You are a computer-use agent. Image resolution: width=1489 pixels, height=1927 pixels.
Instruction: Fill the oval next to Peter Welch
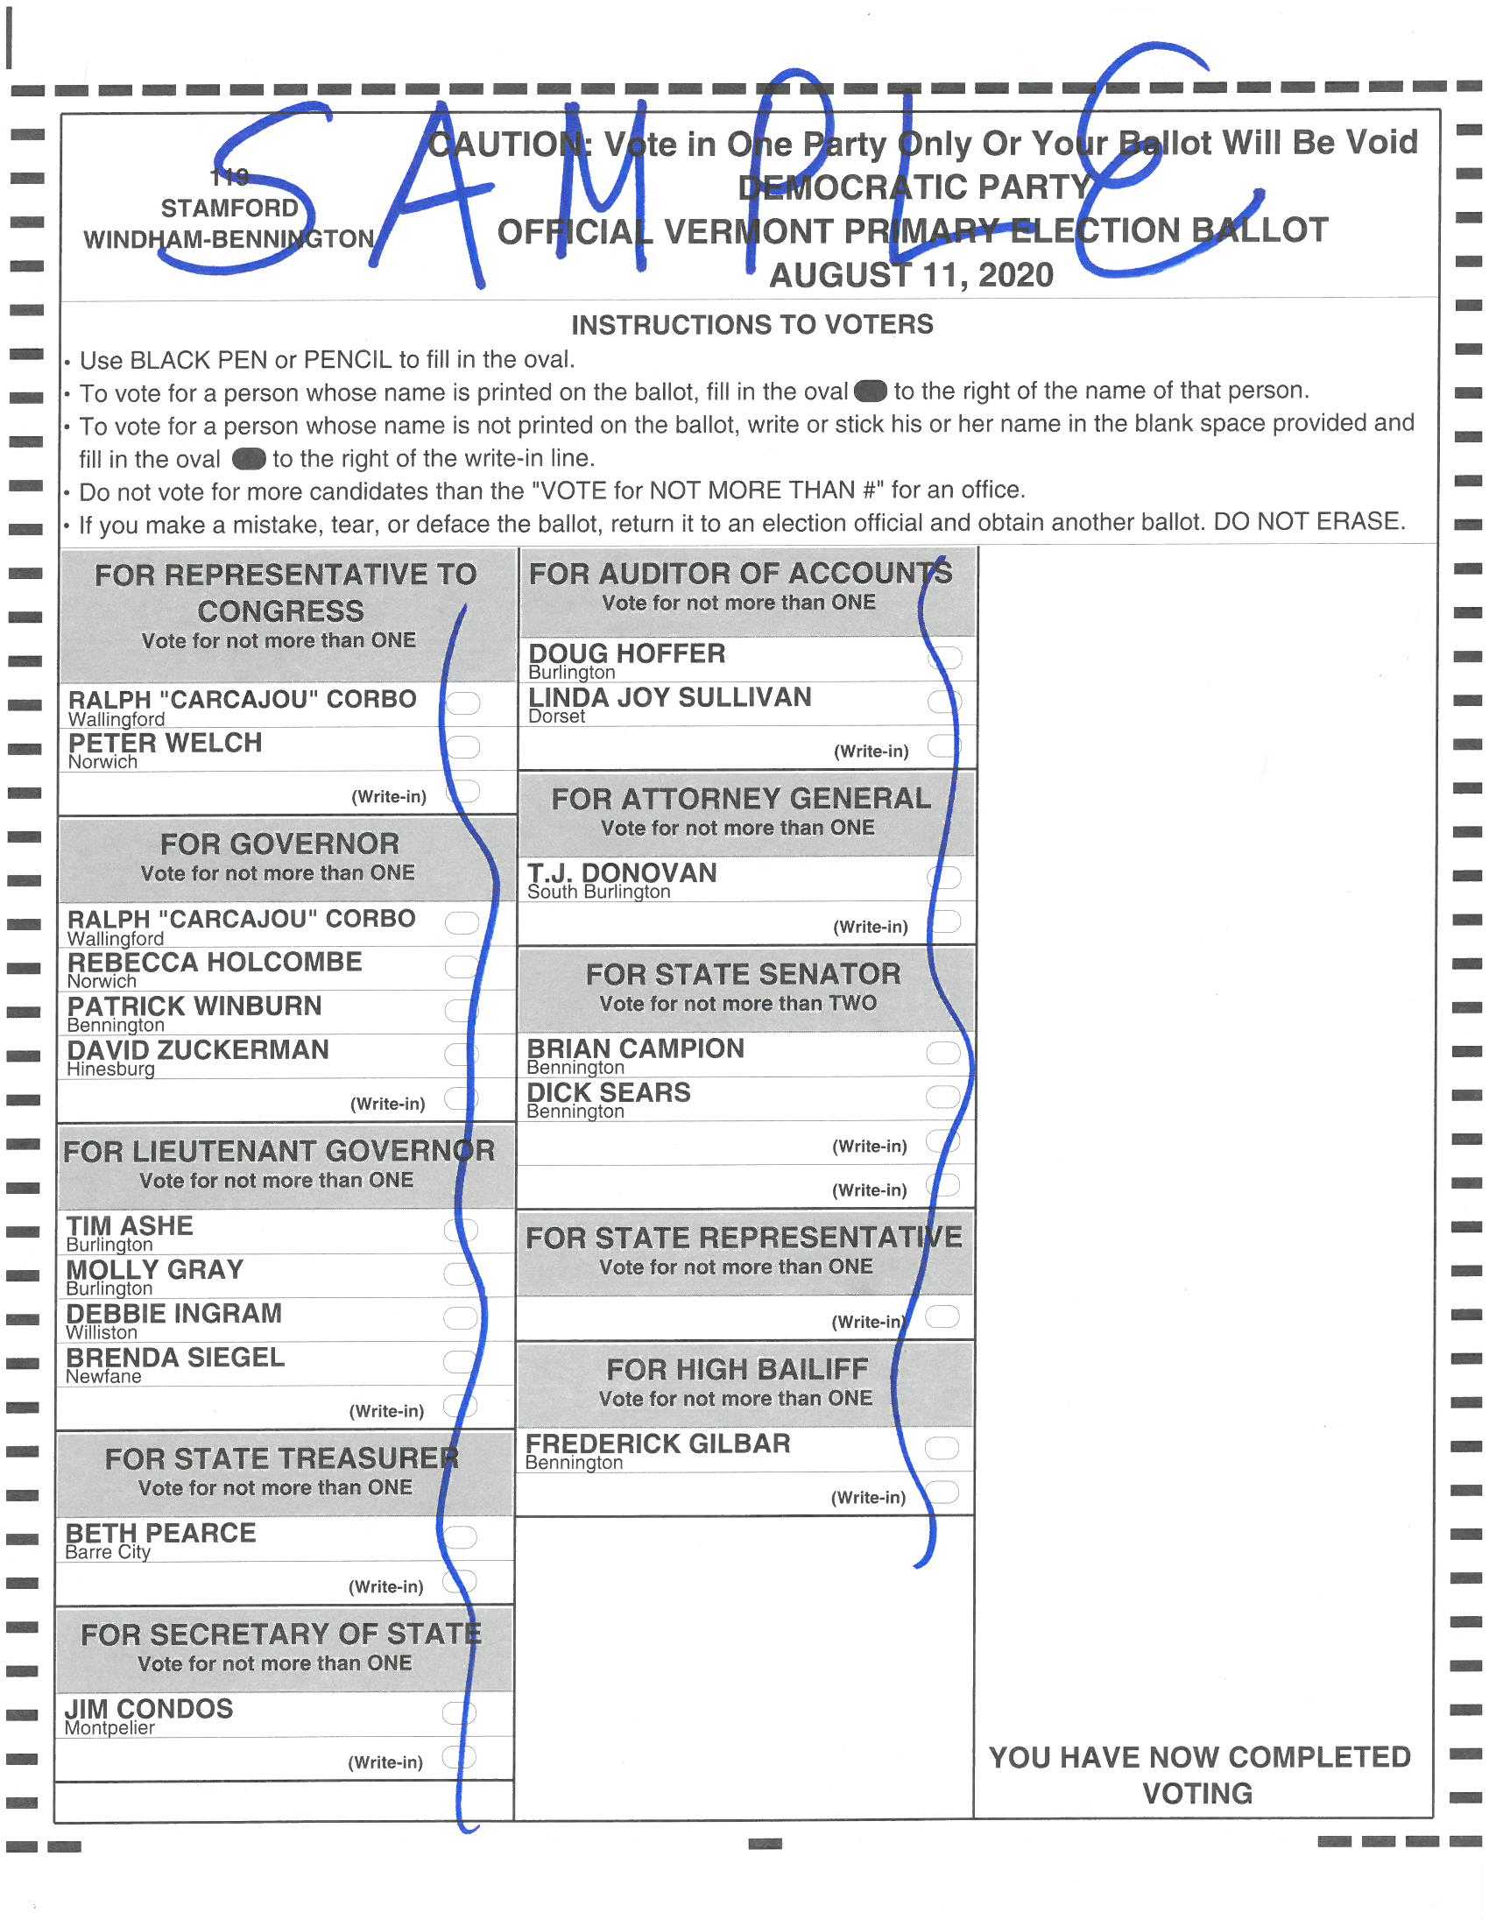463,747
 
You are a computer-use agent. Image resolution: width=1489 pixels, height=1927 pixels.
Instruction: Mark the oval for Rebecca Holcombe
462,966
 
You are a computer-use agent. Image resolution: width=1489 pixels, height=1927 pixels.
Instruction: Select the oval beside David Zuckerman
461,1054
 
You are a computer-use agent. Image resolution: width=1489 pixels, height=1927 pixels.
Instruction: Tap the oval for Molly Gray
460,1274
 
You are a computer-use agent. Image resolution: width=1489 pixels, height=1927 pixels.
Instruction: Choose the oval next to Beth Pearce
460,1537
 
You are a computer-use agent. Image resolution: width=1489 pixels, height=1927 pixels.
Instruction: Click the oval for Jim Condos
459,1712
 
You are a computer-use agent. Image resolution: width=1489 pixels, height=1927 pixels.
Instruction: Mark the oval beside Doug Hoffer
945,657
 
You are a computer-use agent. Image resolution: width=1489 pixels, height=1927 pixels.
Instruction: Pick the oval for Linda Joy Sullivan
945,702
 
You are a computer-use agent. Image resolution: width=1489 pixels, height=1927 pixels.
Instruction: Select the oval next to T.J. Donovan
944,877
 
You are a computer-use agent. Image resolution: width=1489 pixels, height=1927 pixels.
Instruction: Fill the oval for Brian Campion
943,1053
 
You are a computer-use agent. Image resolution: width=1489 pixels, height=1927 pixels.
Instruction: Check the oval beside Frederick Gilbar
942,1448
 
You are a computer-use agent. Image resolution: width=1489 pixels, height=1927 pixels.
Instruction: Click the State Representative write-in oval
942,1316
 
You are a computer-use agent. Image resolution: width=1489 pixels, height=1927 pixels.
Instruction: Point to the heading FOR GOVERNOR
279,844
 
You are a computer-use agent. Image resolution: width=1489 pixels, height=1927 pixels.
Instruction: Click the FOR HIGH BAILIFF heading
737,1369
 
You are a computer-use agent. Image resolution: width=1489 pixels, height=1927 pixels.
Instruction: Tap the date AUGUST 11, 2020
911,275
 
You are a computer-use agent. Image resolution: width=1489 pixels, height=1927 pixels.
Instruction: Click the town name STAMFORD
229,208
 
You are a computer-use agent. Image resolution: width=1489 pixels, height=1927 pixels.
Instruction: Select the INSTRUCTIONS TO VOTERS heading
752,325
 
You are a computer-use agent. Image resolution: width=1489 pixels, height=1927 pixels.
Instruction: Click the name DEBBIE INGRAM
174,1314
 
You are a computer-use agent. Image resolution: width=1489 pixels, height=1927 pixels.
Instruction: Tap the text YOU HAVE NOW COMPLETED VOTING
1199,1775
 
